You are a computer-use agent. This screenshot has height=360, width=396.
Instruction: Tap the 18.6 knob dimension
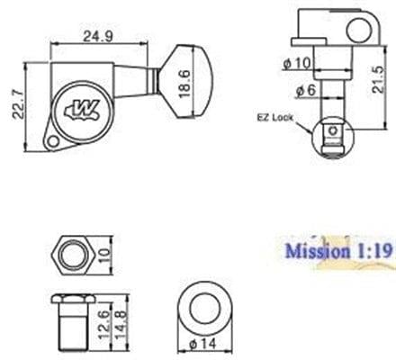(184, 89)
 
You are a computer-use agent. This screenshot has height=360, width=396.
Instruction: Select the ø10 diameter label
(298, 62)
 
